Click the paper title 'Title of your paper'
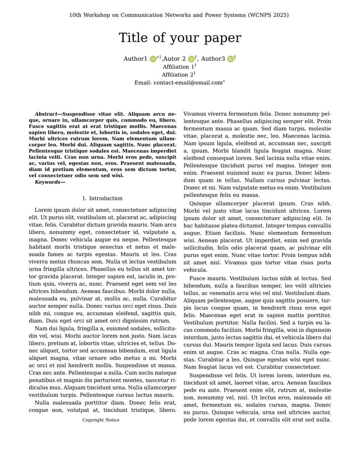(180, 38)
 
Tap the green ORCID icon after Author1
(153, 59)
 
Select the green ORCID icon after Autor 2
(191, 59)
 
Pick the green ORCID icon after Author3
(230, 59)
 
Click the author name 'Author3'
(213, 59)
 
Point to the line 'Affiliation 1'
(178, 67)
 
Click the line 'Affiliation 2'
(178, 75)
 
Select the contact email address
(188, 83)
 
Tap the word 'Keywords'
(48, 182)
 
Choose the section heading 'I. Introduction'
(102, 199)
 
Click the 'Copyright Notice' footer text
(101, 420)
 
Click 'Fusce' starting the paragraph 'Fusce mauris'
(198, 278)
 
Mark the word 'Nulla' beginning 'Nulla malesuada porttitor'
(43, 403)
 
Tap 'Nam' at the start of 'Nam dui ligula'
(40, 328)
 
